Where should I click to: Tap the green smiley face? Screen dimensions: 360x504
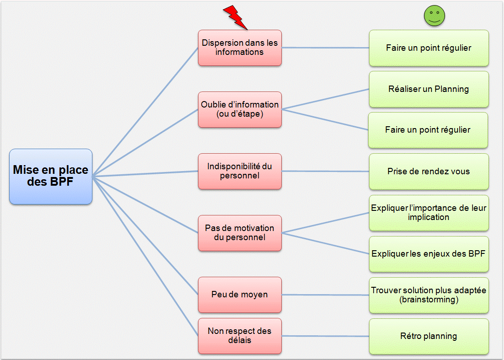[434, 17]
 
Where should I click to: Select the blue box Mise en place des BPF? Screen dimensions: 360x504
[51, 176]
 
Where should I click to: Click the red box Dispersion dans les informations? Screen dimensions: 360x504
[240, 48]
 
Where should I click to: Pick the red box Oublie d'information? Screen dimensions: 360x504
[240, 109]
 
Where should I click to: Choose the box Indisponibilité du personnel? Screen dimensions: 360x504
[240, 171]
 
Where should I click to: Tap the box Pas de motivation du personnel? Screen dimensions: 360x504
[240, 233]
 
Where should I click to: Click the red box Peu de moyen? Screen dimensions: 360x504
[240, 295]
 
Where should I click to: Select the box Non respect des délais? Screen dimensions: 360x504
[240, 336]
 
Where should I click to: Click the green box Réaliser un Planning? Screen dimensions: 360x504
[429, 89]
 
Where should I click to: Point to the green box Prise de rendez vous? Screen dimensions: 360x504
[429, 172]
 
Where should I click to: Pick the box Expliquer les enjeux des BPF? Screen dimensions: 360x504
[429, 254]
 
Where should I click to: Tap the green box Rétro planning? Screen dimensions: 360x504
[429, 336]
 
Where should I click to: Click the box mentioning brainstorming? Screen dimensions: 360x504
[429, 295]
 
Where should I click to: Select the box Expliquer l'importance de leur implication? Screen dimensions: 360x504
[429, 213]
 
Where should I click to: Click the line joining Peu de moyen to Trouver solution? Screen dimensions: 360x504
[325, 295]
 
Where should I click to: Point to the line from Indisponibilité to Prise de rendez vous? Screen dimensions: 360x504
[325, 172]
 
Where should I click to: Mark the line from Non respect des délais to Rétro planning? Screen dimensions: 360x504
[325, 336]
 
